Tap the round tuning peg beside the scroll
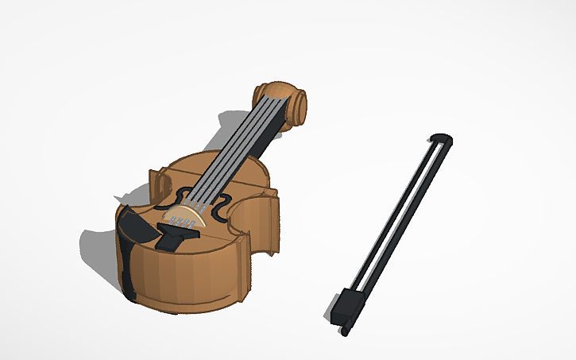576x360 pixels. tap(299, 104)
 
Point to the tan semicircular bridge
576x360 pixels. tap(181, 217)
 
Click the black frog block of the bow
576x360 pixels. tap(348, 306)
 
